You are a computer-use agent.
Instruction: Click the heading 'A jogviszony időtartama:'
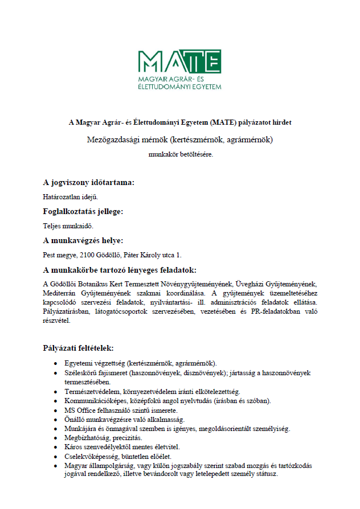(89, 183)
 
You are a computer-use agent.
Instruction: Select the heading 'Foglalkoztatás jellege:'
(83, 211)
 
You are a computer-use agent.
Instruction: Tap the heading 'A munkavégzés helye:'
(83, 240)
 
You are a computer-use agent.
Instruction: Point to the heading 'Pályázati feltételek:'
(78, 348)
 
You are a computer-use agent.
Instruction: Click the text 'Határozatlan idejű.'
(71, 197)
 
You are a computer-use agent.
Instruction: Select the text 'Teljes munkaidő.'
(67, 225)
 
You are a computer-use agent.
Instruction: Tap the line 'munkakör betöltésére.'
(180, 154)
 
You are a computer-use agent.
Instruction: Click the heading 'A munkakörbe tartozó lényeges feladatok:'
(120, 270)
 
